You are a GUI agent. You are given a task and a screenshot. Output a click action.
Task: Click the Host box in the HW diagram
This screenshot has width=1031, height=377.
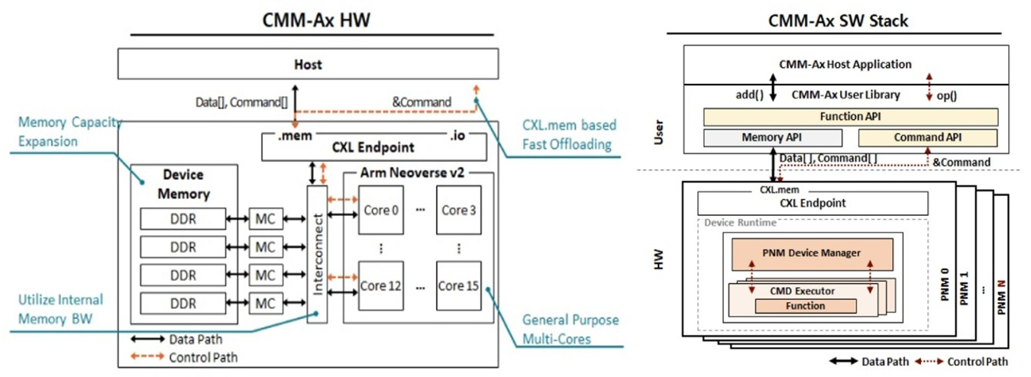(308, 64)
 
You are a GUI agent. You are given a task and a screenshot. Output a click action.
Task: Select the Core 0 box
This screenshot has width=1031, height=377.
(381, 210)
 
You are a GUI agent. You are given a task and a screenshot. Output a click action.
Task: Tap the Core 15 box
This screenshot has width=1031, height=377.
(458, 285)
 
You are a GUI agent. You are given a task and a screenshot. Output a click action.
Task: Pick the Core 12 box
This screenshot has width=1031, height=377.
(381, 285)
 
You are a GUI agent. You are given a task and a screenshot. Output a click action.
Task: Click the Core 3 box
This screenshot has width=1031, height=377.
(458, 210)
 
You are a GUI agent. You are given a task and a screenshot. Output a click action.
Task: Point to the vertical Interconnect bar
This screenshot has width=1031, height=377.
(317, 254)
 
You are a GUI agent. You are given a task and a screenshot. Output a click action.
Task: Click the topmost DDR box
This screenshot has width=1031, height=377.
(183, 219)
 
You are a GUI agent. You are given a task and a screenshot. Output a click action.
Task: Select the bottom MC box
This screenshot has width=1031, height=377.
(266, 304)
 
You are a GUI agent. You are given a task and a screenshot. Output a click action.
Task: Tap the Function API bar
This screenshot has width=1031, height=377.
(851, 117)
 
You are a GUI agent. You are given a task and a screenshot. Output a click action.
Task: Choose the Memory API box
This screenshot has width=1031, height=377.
(773, 137)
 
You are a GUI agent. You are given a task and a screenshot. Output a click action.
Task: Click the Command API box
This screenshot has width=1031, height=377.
(928, 137)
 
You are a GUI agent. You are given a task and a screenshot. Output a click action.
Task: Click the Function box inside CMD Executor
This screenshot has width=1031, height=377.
(806, 306)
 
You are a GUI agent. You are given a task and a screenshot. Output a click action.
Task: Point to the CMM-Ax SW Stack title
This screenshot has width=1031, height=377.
(838, 21)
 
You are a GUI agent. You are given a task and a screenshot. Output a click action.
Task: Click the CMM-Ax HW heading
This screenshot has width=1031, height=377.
(316, 21)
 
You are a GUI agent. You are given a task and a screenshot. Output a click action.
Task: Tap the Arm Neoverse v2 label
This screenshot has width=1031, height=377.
(412, 173)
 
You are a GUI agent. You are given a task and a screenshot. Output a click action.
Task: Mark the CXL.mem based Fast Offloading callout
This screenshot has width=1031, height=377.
(569, 135)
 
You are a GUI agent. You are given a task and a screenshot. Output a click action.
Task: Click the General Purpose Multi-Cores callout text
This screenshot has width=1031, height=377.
(570, 329)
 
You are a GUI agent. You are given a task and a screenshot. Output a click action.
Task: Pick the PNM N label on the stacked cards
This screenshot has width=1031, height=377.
(1000, 297)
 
